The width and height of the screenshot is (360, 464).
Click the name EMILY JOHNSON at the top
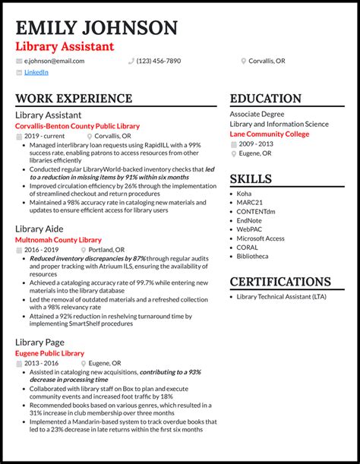point(96,29)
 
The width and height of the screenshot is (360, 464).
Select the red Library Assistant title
point(65,47)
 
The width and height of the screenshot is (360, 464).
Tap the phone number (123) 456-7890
point(159,61)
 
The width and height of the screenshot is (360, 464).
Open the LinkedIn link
point(36,73)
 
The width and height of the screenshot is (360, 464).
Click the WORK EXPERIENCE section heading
point(74,99)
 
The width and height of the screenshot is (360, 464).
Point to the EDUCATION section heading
point(266,99)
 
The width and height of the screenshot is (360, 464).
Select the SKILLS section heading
point(251,179)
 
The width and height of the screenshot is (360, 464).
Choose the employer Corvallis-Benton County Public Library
point(77,126)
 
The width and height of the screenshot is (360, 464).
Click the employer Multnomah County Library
point(58,240)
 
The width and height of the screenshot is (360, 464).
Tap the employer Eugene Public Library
point(49,353)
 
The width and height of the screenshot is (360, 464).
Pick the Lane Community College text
point(270,134)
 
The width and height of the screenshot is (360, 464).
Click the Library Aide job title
point(39,229)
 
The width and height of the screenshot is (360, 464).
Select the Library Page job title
point(40,342)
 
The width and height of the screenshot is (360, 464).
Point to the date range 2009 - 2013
point(255,144)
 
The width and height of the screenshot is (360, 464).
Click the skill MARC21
point(249,204)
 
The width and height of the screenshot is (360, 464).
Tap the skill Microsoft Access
point(261,238)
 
